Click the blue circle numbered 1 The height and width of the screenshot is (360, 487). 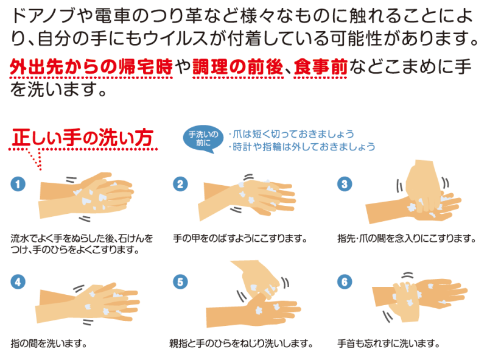click(x=18, y=184)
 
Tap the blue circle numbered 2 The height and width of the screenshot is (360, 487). click(x=180, y=184)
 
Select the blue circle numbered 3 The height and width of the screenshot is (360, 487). click(x=345, y=184)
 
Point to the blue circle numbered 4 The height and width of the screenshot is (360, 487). click(x=18, y=282)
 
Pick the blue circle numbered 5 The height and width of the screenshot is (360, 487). click(x=180, y=282)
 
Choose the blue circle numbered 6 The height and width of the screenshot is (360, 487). click(x=345, y=282)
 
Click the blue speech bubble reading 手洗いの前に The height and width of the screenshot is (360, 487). click(x=203, y=139)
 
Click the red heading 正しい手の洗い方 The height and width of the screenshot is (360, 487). click(x=83, y=138)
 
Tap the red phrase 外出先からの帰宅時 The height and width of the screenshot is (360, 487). click(x=91, y=66)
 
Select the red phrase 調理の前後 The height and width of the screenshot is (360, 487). click(x=238, y=66)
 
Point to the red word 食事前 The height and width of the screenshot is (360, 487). click(x=321, y=66)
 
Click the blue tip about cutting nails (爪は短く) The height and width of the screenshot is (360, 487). click(x=292, y=134)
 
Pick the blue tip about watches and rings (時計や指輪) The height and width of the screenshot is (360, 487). click(x=302, y=146)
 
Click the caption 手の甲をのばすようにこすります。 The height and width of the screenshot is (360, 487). click(x=240, y=238)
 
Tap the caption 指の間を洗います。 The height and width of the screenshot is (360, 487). click(x=49, y=343)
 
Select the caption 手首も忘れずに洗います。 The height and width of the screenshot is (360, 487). click(x=388, y=343)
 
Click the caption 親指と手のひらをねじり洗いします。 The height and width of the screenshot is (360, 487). click(x=241, y=343)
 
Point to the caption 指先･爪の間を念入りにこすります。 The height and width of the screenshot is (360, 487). click(x=407, y=238)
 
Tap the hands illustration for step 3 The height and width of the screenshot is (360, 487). click(x=413, y=192)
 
